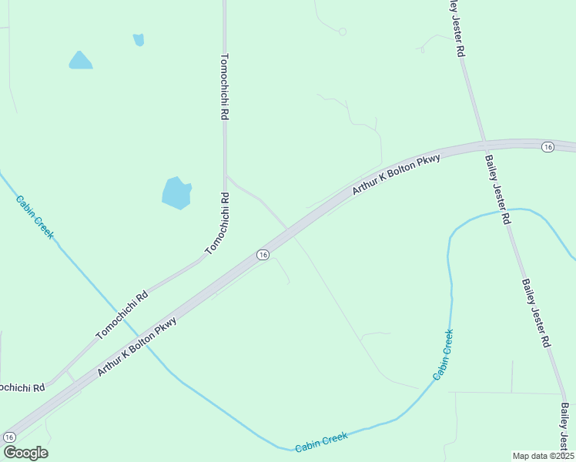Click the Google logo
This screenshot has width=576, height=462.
[25, 453]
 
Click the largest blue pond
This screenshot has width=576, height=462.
[176, 192]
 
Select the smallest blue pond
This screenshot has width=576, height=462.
[139, 39]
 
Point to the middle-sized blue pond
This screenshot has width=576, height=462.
[80, 61]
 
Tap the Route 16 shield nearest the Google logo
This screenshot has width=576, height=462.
[9, 437]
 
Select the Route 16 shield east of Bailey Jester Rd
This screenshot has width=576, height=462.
[548, 147]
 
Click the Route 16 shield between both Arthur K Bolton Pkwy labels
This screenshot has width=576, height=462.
[263, 255]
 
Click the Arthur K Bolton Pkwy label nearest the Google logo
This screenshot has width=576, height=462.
[138, 346]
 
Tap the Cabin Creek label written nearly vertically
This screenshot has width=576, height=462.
[443, 354]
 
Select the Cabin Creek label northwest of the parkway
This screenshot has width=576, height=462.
[35, 216]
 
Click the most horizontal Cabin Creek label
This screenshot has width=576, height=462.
[322, 441]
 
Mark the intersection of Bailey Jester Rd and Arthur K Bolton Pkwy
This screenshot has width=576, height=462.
[484, 144]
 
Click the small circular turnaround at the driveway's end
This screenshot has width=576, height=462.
[343, 32]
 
